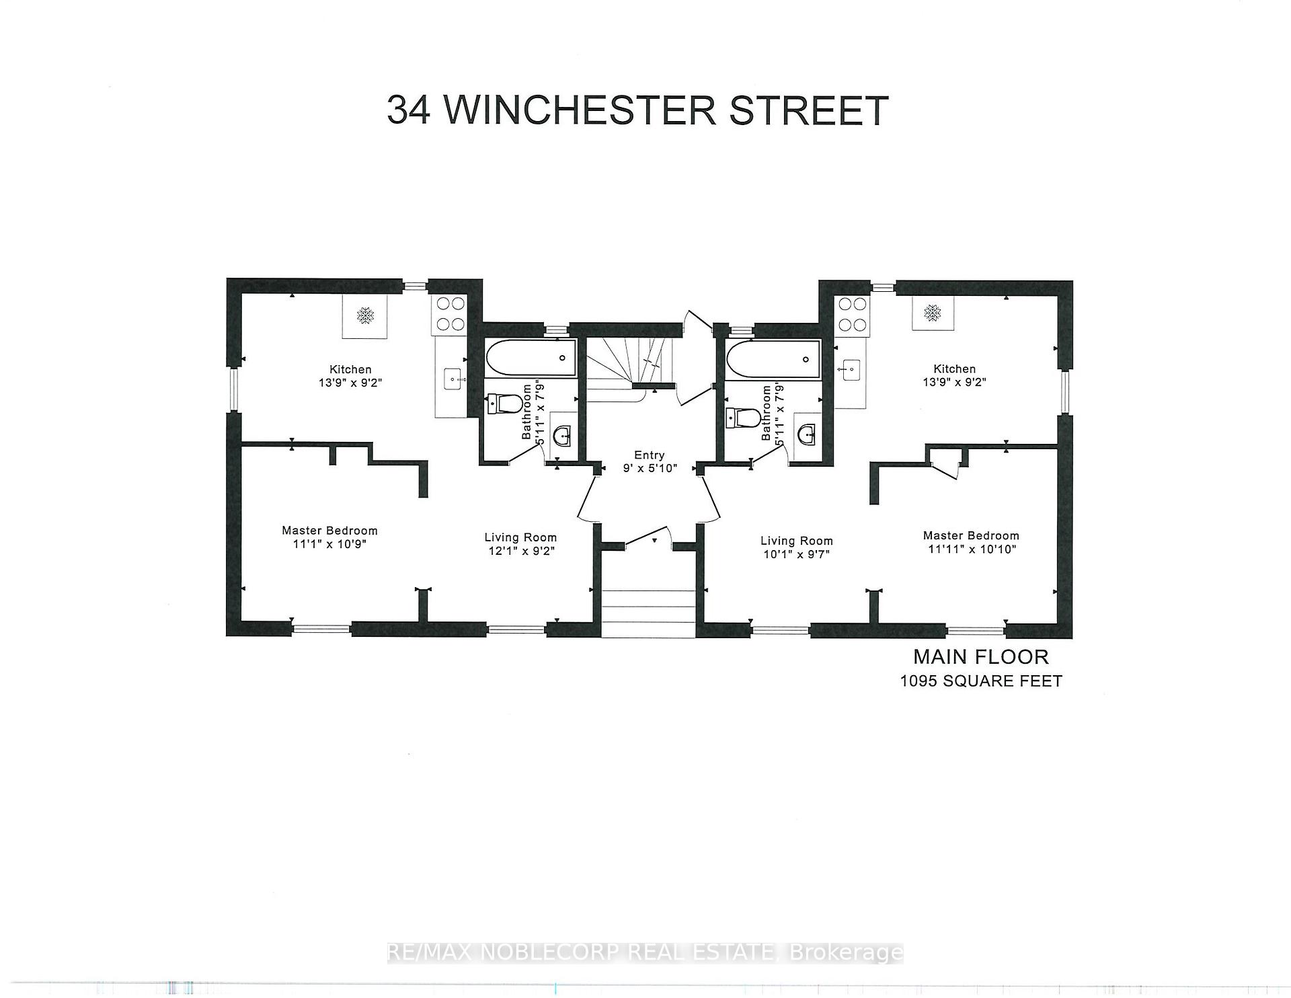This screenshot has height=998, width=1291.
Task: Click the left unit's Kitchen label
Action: (x=350, y=369)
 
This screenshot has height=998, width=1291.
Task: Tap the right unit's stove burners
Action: (x=852, y=314)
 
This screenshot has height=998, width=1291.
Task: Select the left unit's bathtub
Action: (x=531, y=358)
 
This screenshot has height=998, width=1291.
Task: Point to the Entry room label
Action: (x=649, y=455)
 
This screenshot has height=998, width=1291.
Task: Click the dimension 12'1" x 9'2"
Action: (x=521, y=551)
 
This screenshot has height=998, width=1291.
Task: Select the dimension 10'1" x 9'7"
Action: (x=797, y=554)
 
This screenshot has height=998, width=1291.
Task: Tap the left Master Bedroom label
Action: (x=329, y=531)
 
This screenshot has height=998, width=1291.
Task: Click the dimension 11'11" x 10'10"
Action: (x=971, y=549)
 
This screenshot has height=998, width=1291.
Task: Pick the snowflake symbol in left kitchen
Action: (x=365, y=315)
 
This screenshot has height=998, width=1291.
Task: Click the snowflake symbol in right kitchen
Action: (x=932, y=312)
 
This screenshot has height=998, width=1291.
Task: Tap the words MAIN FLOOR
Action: (x=980, y=656)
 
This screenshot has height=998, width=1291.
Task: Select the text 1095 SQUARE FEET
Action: (x=981, y=681)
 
